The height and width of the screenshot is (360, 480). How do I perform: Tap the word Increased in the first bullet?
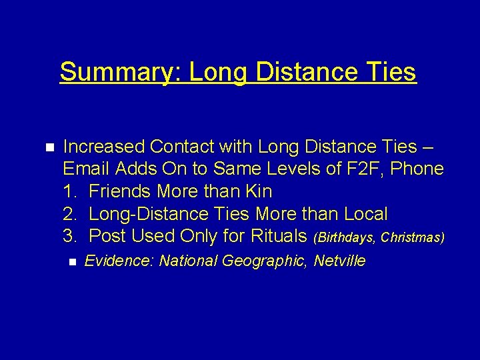pyautogui.click(x=103, y=146)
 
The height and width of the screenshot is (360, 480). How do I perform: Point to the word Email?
pyautogui.click(x=86, y=169)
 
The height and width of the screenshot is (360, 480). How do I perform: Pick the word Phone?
pyautogui.click(x=417, y=169)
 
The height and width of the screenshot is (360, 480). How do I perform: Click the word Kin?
pyautogui.click(x=258, y=191)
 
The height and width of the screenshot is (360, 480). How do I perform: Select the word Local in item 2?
pyautogui.click(x=365, y=214)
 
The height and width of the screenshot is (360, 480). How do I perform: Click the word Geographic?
pyautogui.click(x=263, y=261)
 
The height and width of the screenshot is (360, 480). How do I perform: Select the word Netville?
pyautogui.click(x=340, y=261)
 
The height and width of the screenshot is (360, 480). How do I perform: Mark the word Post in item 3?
pyautogui.click(x=107, y=236)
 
